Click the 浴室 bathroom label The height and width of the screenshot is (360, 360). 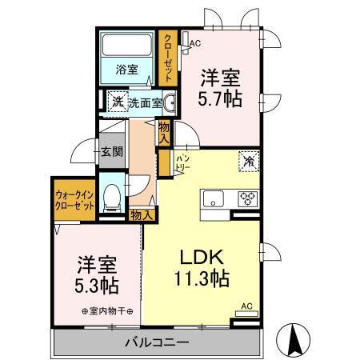pyautogui.click(x=127, y=70)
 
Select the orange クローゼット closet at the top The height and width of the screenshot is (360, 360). pyautogui.click(x=169, y=56)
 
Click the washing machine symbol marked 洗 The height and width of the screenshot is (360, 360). pyautogui.click(x=116, y=102)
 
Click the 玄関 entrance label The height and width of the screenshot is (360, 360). pyautogui.click(x=111, y=152)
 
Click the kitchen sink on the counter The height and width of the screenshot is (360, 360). pyautogui.click(x=215, y=198)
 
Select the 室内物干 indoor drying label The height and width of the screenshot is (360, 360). pyautogui.click(x=106, y=311)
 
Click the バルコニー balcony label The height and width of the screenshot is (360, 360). pyautogui.click(x=157, y=342)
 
